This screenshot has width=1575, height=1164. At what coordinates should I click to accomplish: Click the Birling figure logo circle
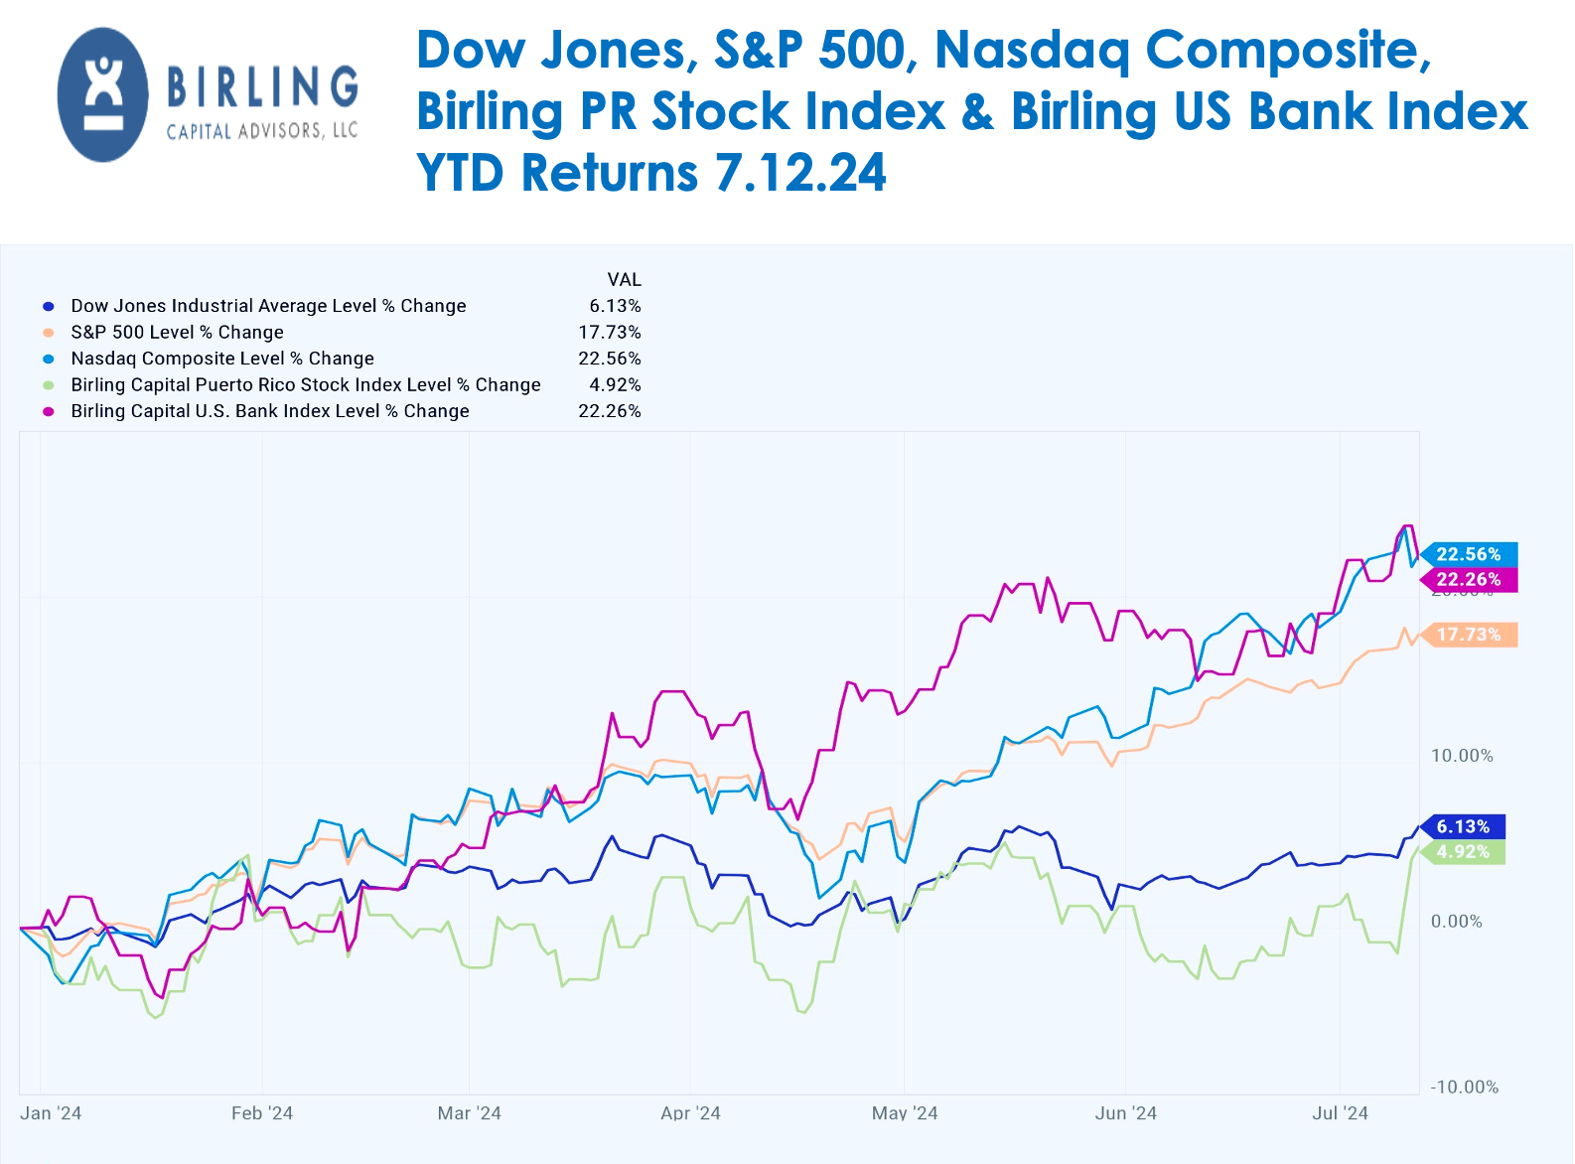[x=103, y=94]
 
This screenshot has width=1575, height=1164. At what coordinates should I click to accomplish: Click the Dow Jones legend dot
[x=49, y=307]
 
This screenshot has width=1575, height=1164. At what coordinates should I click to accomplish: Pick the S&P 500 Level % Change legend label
[x=177, y=333]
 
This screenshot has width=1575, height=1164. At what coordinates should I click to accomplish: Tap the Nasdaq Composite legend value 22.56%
[x=610, y=359]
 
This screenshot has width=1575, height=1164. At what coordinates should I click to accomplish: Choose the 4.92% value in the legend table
[x=615, y=385]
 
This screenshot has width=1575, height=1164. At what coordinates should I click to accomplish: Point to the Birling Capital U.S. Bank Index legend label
[x=269, y=411]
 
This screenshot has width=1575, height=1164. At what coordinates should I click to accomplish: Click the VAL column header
[x=625, y=280]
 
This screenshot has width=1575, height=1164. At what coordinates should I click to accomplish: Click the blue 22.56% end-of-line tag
[x=1468, y=554]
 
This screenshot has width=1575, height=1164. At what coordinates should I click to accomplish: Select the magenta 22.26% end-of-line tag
[x=1468, y=579]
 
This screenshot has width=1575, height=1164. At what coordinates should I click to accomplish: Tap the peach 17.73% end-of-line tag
[x=1468, y=635]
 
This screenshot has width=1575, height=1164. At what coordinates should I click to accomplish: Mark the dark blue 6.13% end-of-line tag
[x=1463, y=826]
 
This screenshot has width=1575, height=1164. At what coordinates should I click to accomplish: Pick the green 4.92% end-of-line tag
[x=1463, y=852]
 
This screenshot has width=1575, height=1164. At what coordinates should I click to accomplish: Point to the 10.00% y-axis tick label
[x=1462, y=756]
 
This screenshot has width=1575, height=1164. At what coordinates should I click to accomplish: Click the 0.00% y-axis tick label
[x=1456, y=922]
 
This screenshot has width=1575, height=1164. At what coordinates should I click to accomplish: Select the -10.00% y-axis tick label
[x=1464, y=1088]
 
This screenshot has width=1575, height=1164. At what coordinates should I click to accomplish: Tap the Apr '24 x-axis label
[x=690, y=1113]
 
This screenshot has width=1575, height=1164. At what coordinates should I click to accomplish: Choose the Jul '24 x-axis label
[x=1340, y=1113]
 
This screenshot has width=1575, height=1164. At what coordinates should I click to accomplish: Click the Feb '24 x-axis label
[x=262, y=1113]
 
